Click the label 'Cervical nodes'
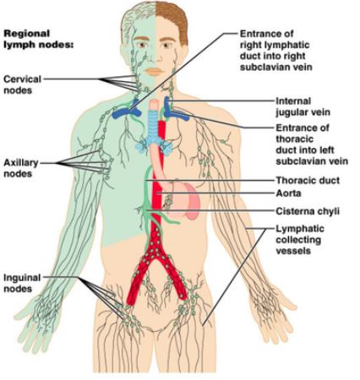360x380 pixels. point(22,84)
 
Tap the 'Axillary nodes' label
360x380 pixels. point(21,168)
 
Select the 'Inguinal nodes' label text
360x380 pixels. point(22,283)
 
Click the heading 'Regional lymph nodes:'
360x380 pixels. point(38,39)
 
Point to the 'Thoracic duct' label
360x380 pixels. point(308,180)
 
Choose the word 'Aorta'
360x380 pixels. point(288,193)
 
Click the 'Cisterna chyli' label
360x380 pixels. point(308,211)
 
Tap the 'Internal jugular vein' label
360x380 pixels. point(303,106)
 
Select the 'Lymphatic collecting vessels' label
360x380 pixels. point(300,240)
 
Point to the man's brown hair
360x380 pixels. point(172,19)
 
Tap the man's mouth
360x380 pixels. point(154,72)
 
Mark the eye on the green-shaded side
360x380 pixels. point(142,45)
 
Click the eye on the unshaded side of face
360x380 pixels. point(166,45)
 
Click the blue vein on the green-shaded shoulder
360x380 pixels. point(127,110)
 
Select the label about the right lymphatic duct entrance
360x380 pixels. point(275,51)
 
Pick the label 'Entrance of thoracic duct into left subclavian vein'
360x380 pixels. point(312,144)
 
